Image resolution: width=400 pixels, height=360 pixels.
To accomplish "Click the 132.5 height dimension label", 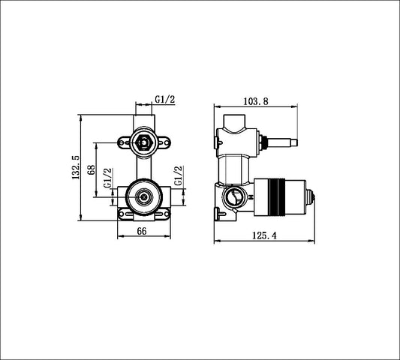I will click(x=76, y=167).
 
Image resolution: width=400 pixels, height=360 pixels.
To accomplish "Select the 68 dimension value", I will click(x=91, y=169).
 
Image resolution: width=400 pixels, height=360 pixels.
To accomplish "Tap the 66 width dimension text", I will click(x=140, y=232).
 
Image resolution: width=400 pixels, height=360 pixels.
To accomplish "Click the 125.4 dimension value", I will click(x=263, y=235).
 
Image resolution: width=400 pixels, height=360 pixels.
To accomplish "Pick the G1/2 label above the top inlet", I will click(x=165, y=99).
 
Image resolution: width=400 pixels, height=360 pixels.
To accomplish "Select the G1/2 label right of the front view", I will click(x=179, y=177).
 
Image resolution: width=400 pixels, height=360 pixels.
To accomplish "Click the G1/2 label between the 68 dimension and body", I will click(x=107, y=178).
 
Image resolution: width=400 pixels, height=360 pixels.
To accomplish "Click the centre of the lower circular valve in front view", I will click(x=142, y=197).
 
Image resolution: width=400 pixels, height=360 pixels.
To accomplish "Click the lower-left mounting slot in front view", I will click(x=125, y=214).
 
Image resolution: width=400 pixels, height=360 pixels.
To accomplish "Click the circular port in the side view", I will click(x=233, y=198).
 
